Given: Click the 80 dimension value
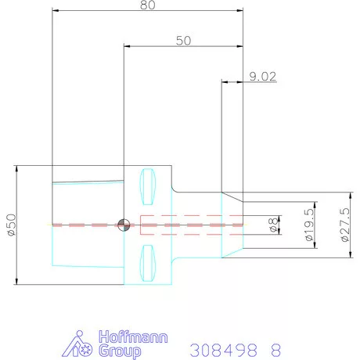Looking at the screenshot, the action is (148, 5).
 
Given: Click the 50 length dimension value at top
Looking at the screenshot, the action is (183, 41).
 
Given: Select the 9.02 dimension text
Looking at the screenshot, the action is (263, 77).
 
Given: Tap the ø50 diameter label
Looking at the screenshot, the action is (12, 225).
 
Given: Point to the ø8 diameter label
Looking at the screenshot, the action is (273, 225).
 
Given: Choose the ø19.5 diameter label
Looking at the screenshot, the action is (309, 225).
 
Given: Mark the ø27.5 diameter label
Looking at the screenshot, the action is (345, 225).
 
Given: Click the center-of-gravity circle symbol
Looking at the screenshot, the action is (124, 225).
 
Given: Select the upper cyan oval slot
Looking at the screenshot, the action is (148, 186).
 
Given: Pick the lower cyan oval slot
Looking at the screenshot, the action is (148, 263).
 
